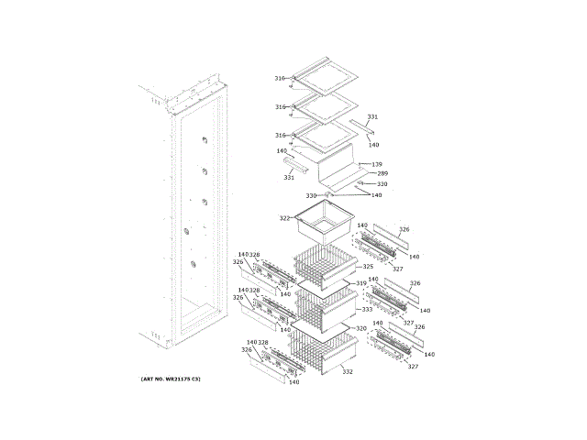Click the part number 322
[x=284, y=218]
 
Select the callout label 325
[x=368, y=266]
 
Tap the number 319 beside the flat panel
[x=360, y=283]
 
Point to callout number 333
[x=367, y=310]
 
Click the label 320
[x=361, y=328]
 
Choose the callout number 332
[x=348, y=371]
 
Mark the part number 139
[x=377, y=164]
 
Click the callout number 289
[x=382, y=174]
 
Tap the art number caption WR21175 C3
[x=171, y=378]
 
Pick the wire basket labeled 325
[x=324, y=263]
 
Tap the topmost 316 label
[x=280, y=79]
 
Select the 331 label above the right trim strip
[x=372, y=116]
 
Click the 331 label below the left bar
[x=289, y=177]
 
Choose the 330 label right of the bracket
[x=382, y=184]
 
